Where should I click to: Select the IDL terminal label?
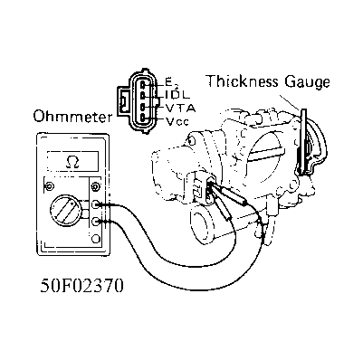click(176, 94)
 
